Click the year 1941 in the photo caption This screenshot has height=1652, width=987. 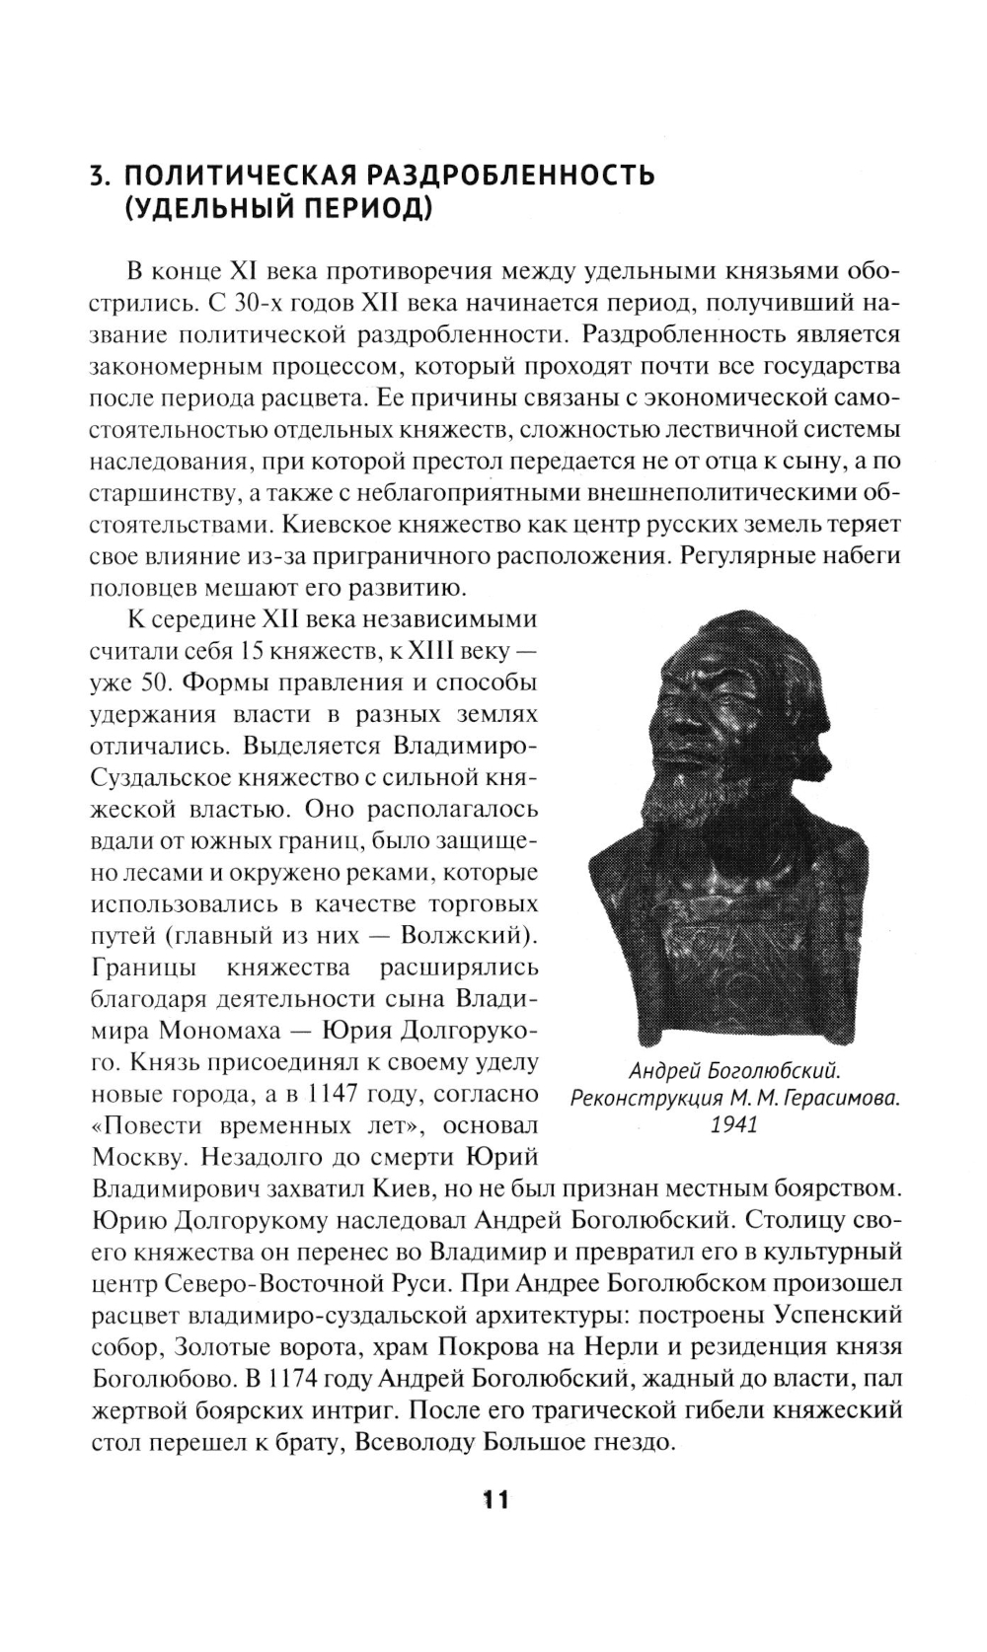pos(734,1124)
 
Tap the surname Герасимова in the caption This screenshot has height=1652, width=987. pos(838,1098)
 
